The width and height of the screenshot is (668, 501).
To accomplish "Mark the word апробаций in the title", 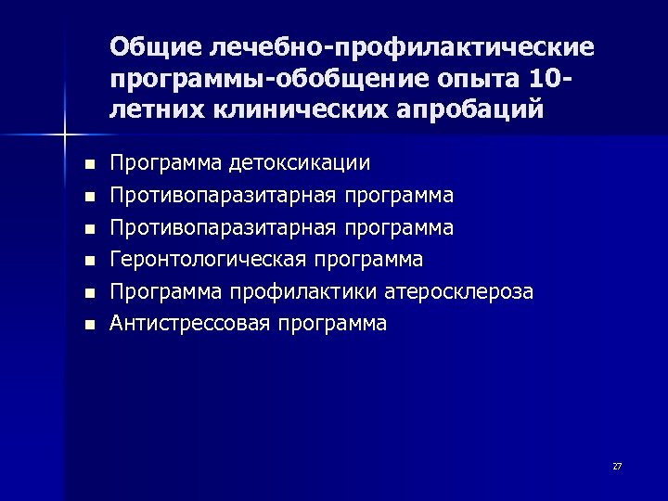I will pos(476,111).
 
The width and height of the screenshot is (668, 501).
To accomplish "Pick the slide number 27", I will pos(617,466).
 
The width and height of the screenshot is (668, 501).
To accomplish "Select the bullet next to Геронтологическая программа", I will pos(88,261).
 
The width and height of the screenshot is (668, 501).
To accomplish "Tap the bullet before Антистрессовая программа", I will pos(88,325).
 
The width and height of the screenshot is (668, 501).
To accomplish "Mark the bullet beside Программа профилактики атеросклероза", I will pos(88,293).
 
